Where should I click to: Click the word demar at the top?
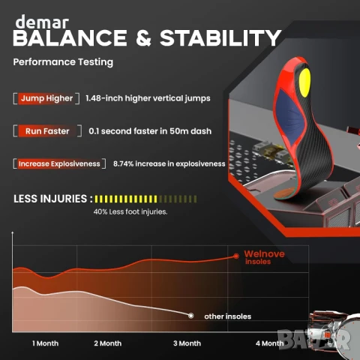point(42,22)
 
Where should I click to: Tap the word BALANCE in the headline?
point(70,38)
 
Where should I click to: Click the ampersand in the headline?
point(144,38)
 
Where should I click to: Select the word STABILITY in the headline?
point(220,38)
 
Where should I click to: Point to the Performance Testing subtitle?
point(63,62)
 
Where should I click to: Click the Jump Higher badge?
point(46,98)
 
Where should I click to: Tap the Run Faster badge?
point(47,131)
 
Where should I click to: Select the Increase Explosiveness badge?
point(59,163)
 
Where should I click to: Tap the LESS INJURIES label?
point(52,199)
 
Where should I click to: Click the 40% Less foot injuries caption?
point(130,211)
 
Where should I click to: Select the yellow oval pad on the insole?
point(304,82)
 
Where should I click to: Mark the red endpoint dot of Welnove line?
point(236,256)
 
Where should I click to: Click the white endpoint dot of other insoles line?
point(191,316)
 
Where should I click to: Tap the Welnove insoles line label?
point(264,257)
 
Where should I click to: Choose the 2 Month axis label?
point(108,343)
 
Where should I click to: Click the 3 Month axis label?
point(187,343)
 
